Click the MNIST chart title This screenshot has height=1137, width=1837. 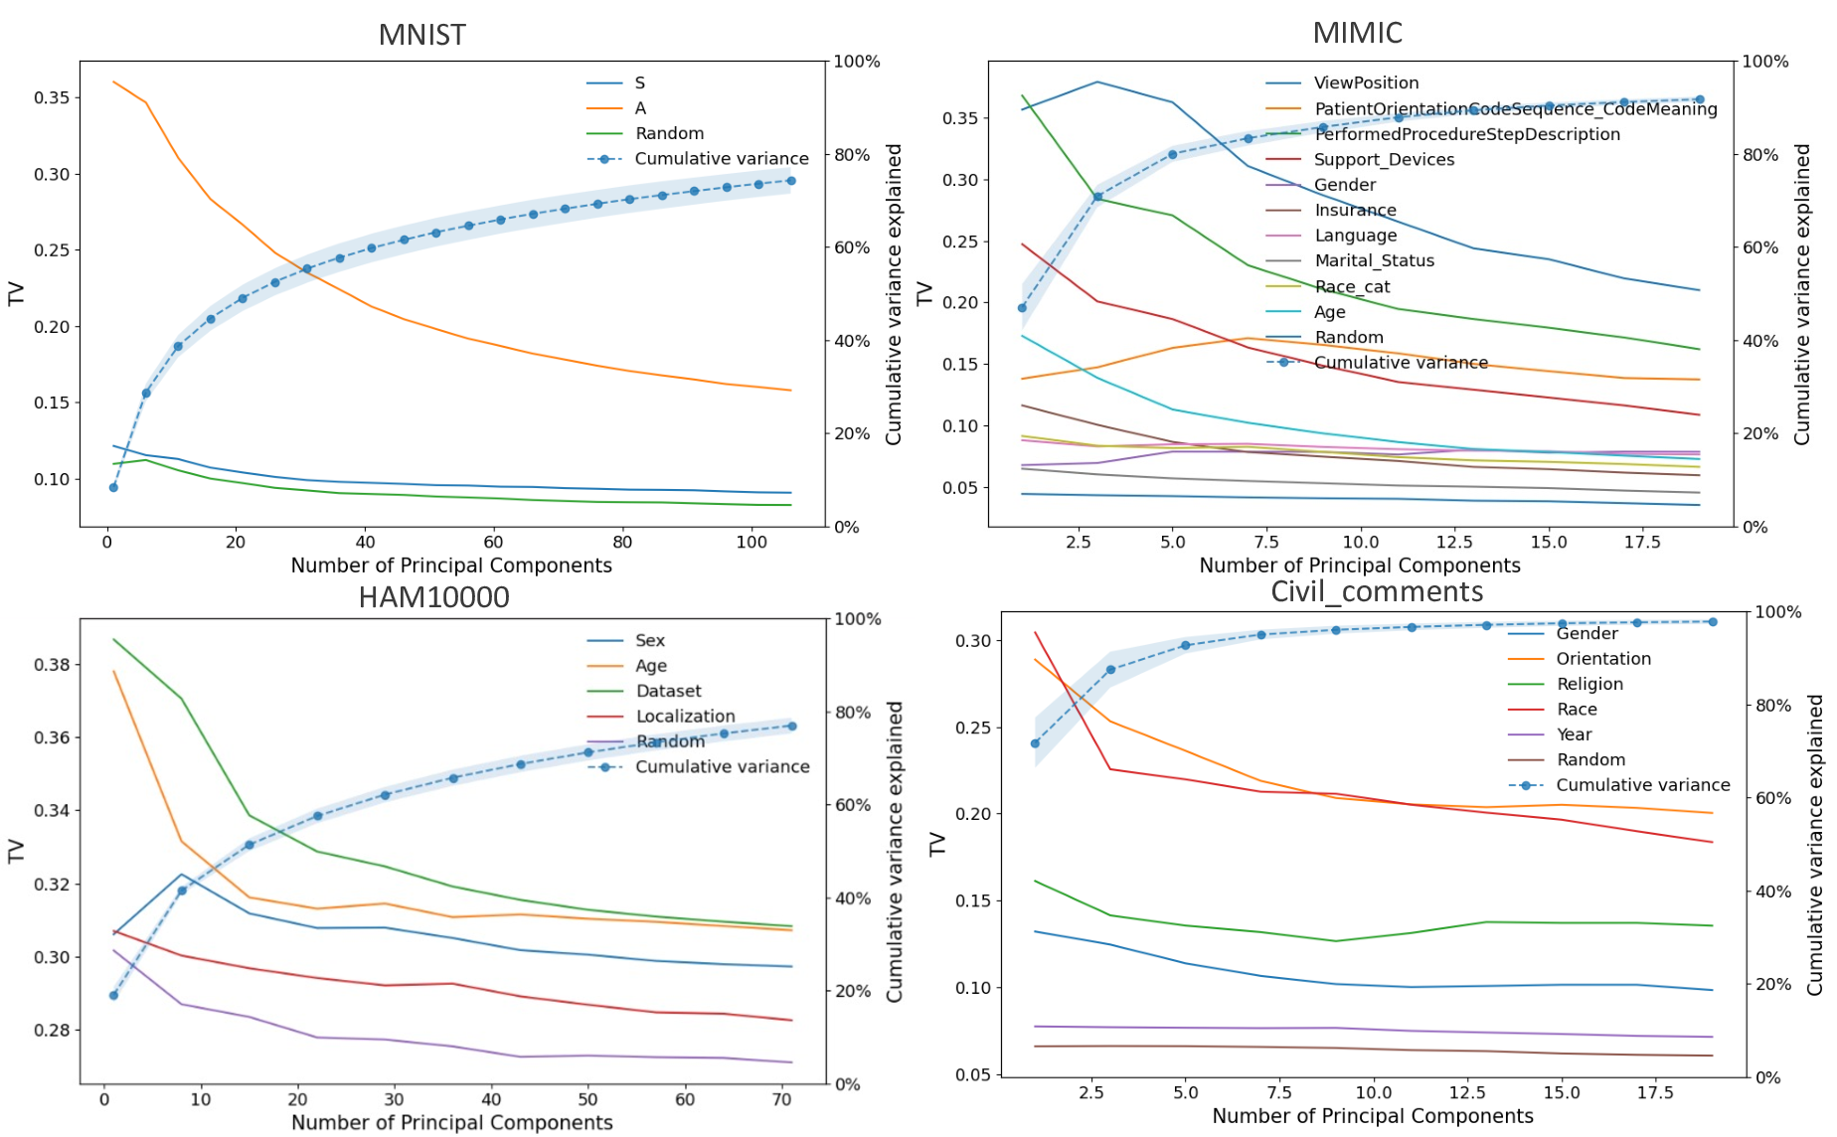[421, 35]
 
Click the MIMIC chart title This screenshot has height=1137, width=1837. [1357, 33]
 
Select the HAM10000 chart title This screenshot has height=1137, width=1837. [433, 597]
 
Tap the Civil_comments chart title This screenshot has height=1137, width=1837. [1377, 592]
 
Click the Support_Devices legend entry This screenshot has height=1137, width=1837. [1384, 160]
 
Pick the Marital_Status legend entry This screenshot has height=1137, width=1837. [1374, 261]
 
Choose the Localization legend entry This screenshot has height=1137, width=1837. [685, 717]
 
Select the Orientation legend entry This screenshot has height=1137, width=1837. [1602, 659]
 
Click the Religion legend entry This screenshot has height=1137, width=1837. [1588, 685]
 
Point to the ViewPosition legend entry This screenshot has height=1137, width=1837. [1366, 83]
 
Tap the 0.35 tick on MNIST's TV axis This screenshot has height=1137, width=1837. [52, 97]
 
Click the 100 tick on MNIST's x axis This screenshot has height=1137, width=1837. [751, 542]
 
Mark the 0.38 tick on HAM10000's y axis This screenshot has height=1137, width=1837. [52, 665]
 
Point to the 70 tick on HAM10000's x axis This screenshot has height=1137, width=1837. [781, 1099]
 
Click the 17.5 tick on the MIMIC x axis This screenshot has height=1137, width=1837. [1642, 542]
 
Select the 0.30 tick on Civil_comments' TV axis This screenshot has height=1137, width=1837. [973, 641]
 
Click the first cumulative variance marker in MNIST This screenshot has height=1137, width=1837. [113, 488]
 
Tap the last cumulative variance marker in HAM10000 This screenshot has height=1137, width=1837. [792, 727]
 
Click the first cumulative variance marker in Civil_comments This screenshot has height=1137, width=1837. [1035, 743]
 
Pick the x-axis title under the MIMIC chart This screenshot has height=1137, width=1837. [1359, 566]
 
